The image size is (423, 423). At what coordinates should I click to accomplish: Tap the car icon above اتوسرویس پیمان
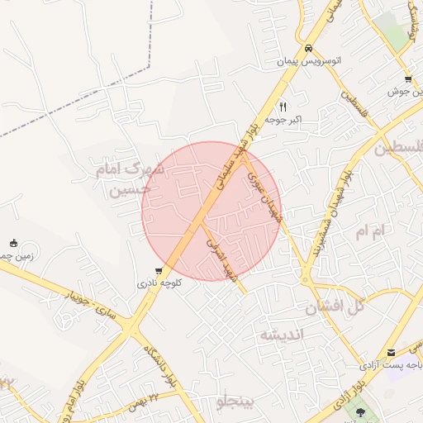(x=308, y=48)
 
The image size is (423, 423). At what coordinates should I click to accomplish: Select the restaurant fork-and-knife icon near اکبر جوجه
(x=283, y=107)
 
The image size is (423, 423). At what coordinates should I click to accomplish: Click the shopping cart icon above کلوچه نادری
(x=159, y=270)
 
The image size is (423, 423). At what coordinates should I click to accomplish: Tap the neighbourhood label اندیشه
(x=282, y=335)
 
